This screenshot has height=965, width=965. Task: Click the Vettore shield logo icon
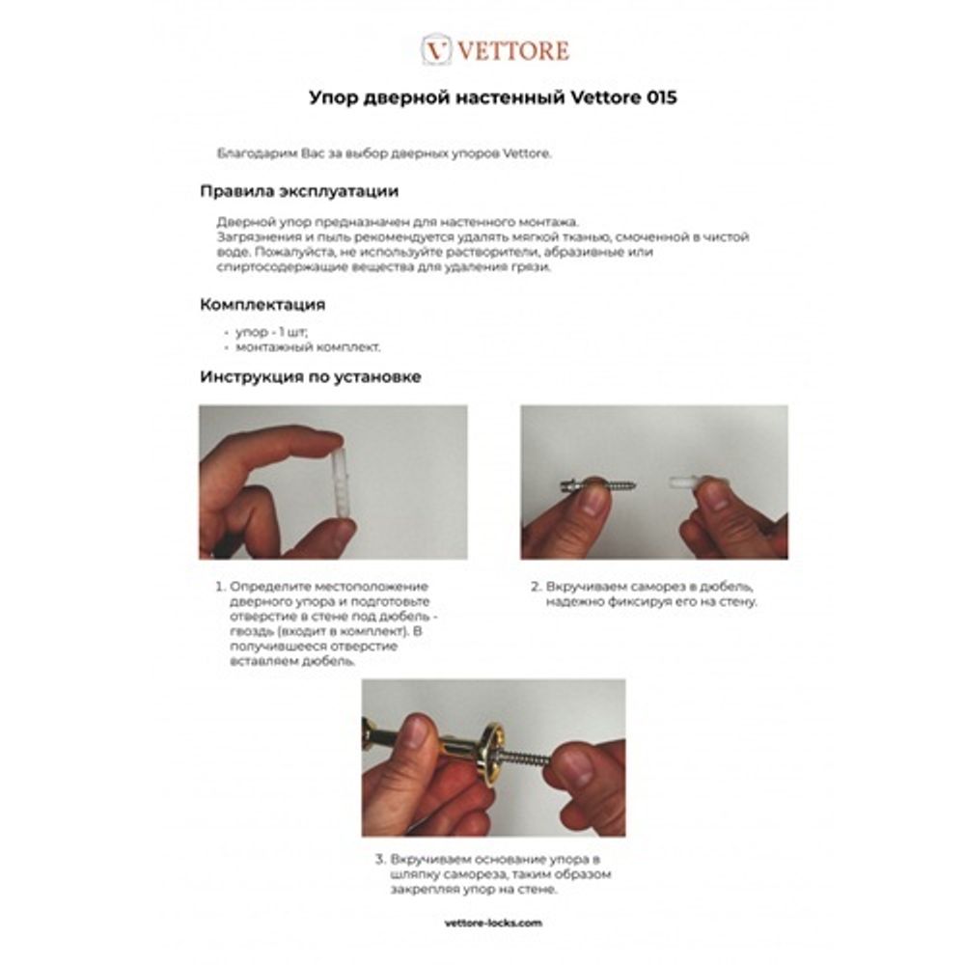pos(437,50)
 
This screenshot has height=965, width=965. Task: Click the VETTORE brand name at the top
pos(511,50)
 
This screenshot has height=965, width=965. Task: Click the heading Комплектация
pos(262,304)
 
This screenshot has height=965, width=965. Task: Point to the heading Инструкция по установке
pos(310,376)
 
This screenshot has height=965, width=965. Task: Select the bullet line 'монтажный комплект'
pos(300,345)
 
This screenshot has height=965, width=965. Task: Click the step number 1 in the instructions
pos(219,586)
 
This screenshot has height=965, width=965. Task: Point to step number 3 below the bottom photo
pos(379,857)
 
